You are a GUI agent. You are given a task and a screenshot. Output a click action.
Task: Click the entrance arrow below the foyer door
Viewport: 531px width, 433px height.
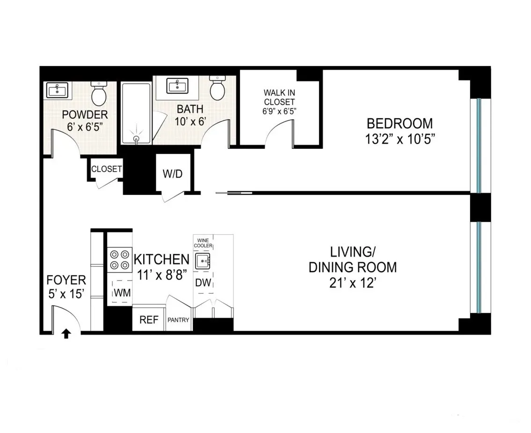tap(66, 333)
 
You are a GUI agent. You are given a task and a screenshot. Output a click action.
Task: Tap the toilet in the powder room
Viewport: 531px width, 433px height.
tap(99, 94)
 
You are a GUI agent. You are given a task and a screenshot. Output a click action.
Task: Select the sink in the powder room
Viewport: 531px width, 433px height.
tap(58, 90)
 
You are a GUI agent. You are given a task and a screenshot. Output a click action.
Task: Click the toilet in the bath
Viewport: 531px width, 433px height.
tap(218, 88)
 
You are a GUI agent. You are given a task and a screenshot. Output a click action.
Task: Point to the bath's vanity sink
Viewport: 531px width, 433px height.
tap(178, 86)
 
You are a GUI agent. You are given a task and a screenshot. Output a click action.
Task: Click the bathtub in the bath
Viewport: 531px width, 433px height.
tap(136, 113)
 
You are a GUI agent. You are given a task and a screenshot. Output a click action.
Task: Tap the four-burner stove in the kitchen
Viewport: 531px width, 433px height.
tap(119, 260)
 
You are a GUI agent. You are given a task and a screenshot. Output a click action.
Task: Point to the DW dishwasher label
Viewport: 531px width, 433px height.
tap(203, 283)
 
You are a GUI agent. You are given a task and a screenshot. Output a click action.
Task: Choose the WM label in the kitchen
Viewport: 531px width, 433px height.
tap(121, 293)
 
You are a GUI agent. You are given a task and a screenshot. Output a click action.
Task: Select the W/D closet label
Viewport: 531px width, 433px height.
tap(172, 174)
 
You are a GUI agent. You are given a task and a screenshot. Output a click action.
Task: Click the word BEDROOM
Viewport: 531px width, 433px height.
tap(400, 123)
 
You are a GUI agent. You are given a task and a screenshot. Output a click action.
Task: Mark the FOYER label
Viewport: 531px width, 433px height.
tap(66, 280)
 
